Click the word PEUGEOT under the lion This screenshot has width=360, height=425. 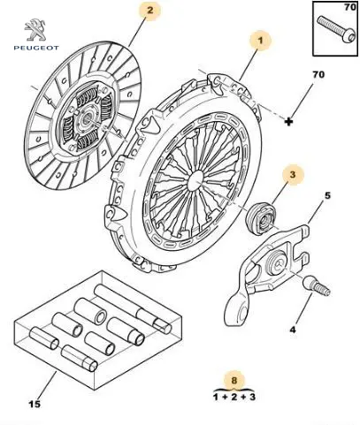36,48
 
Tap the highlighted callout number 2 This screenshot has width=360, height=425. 150,11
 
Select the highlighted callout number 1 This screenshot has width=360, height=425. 260,40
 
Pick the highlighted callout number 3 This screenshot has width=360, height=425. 292,174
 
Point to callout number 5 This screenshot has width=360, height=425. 327,195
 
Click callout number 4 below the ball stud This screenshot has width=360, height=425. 292,330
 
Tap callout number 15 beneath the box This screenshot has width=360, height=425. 34,404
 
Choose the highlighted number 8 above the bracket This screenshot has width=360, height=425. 234,380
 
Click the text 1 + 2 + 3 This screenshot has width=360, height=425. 234,397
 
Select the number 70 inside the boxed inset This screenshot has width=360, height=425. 350,7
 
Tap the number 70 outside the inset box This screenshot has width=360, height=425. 318,74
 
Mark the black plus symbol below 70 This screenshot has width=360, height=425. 288,121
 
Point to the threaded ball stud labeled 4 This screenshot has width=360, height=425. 317,285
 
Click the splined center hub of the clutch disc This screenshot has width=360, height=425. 88,118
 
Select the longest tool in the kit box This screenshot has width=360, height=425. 133,309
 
